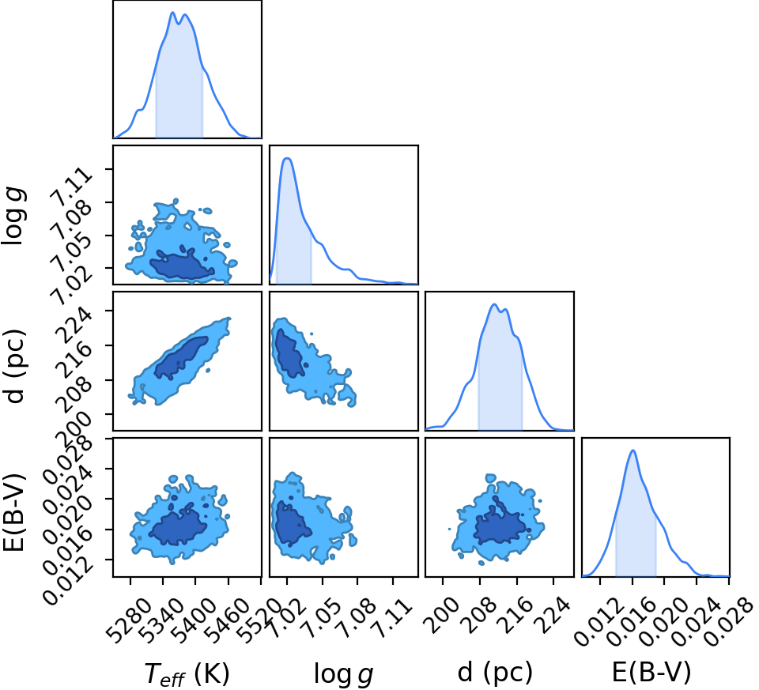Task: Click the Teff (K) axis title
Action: pyautogui.click(x=187, y=673)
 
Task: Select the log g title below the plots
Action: pyautogui.click(x=343, y=674)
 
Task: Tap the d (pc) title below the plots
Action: pyautogui.click(x=495, y=673)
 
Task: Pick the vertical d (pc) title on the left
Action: pyautogui.click(x=14, y=366)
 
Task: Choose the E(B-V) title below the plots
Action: pyautogui.click(x=651, y=672)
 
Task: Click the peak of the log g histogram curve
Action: pyautogui.click(x=288, y=158)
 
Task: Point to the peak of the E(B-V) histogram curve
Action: pyautogui.click(x=632, y=451)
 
